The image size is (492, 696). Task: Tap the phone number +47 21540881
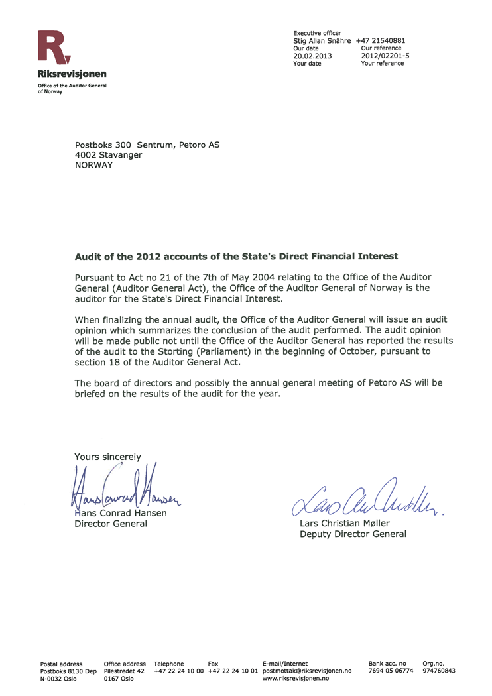pos(381,40)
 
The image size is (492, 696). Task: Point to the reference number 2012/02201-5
pos(385,56)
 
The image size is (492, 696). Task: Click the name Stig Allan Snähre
pos(322,40)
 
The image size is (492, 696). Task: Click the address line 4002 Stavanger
pos(108,154)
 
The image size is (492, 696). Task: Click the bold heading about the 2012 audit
pos(237,255)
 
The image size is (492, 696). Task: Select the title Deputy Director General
pos(353,534)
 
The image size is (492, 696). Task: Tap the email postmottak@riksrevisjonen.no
pos(307,671)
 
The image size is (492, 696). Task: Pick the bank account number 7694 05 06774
pos(391,671)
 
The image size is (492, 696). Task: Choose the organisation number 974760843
pos(439,671)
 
